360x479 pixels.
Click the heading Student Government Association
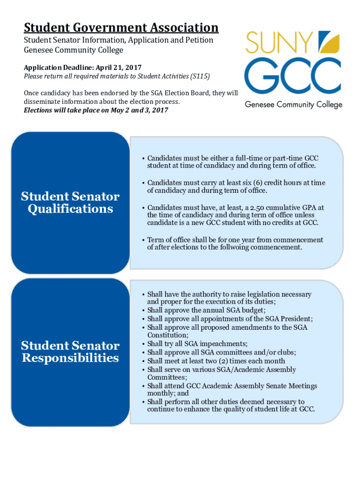click(x=121, y=28)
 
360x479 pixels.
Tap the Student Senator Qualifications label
click(x=70, y=203)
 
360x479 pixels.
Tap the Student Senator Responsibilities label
click(x=70, y=352)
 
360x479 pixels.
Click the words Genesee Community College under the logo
click(x=294, y=105)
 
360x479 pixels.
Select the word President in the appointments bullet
click(x=294, y=319)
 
